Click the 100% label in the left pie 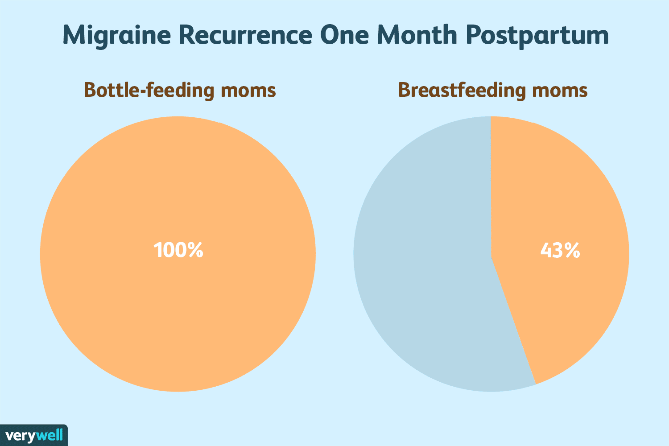point(178,250)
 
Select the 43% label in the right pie point(560,251)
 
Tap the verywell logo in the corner point(34,435)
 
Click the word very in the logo point(20,436)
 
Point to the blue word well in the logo point(50,435)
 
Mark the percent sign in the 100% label point(195,250)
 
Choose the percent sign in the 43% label point(572,251)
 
